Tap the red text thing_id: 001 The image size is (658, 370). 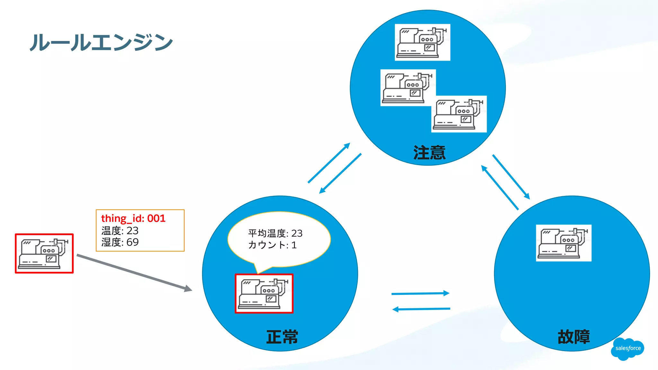pyautogui.click(x=133, y=218)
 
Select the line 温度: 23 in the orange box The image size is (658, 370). pyautogui.click(x=120, y=231)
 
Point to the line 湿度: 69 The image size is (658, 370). pyautogui.click(x=120, y=242)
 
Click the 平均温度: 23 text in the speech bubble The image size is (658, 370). pyautogui.click(x=275, y=233)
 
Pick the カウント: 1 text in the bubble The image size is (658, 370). pyautogui.click(x=272, y=245)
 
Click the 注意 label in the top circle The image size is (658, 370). pyautogui.click(x=429, y=153)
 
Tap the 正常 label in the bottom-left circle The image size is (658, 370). pyautogui.click(x=282, y=337)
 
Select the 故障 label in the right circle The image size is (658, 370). pyautogui.click(x=574, y=337)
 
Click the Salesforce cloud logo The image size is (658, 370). pyautogui.click(x=628, y=348)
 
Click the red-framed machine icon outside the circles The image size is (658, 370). pyautogui.click(x=44, y=253)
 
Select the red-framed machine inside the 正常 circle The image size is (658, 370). pyautogui.click(x=264, y=293)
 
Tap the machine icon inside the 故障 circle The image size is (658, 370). pyautogui.click(x=564, y=243)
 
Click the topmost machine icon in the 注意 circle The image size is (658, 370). pyautogui.click(x=422, y=42)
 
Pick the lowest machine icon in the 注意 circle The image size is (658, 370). pyautogui.click(x=459, y=114)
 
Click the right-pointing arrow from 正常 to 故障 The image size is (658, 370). pyautogui.click(x=420, y=293)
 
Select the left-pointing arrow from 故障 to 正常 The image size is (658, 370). pyautogui.click(x=421, y=309)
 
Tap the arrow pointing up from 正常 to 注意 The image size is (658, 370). pyautogui.click(x=329, y=163)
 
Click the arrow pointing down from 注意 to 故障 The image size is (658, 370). pyautogui.click(x=511, y=177)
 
